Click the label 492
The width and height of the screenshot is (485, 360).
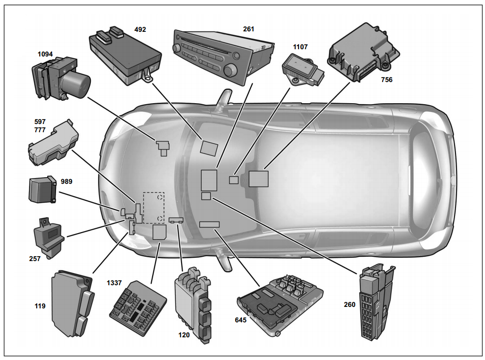(x=140, y=30)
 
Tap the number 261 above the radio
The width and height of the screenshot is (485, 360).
(x=249, y=29)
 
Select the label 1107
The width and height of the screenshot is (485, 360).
(x=300, y=47)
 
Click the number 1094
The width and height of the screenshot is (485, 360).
(x=46, y=54)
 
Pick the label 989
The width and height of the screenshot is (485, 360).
(x=68, y=181)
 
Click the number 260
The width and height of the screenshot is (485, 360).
(x=349, y=305)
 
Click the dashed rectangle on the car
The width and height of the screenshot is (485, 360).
(x=154, y=208)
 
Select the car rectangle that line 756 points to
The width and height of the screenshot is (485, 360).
(x=258, y=179)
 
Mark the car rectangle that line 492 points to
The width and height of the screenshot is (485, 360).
(x=210, y=147)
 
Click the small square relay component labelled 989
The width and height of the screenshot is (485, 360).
(x=43, y=189)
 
